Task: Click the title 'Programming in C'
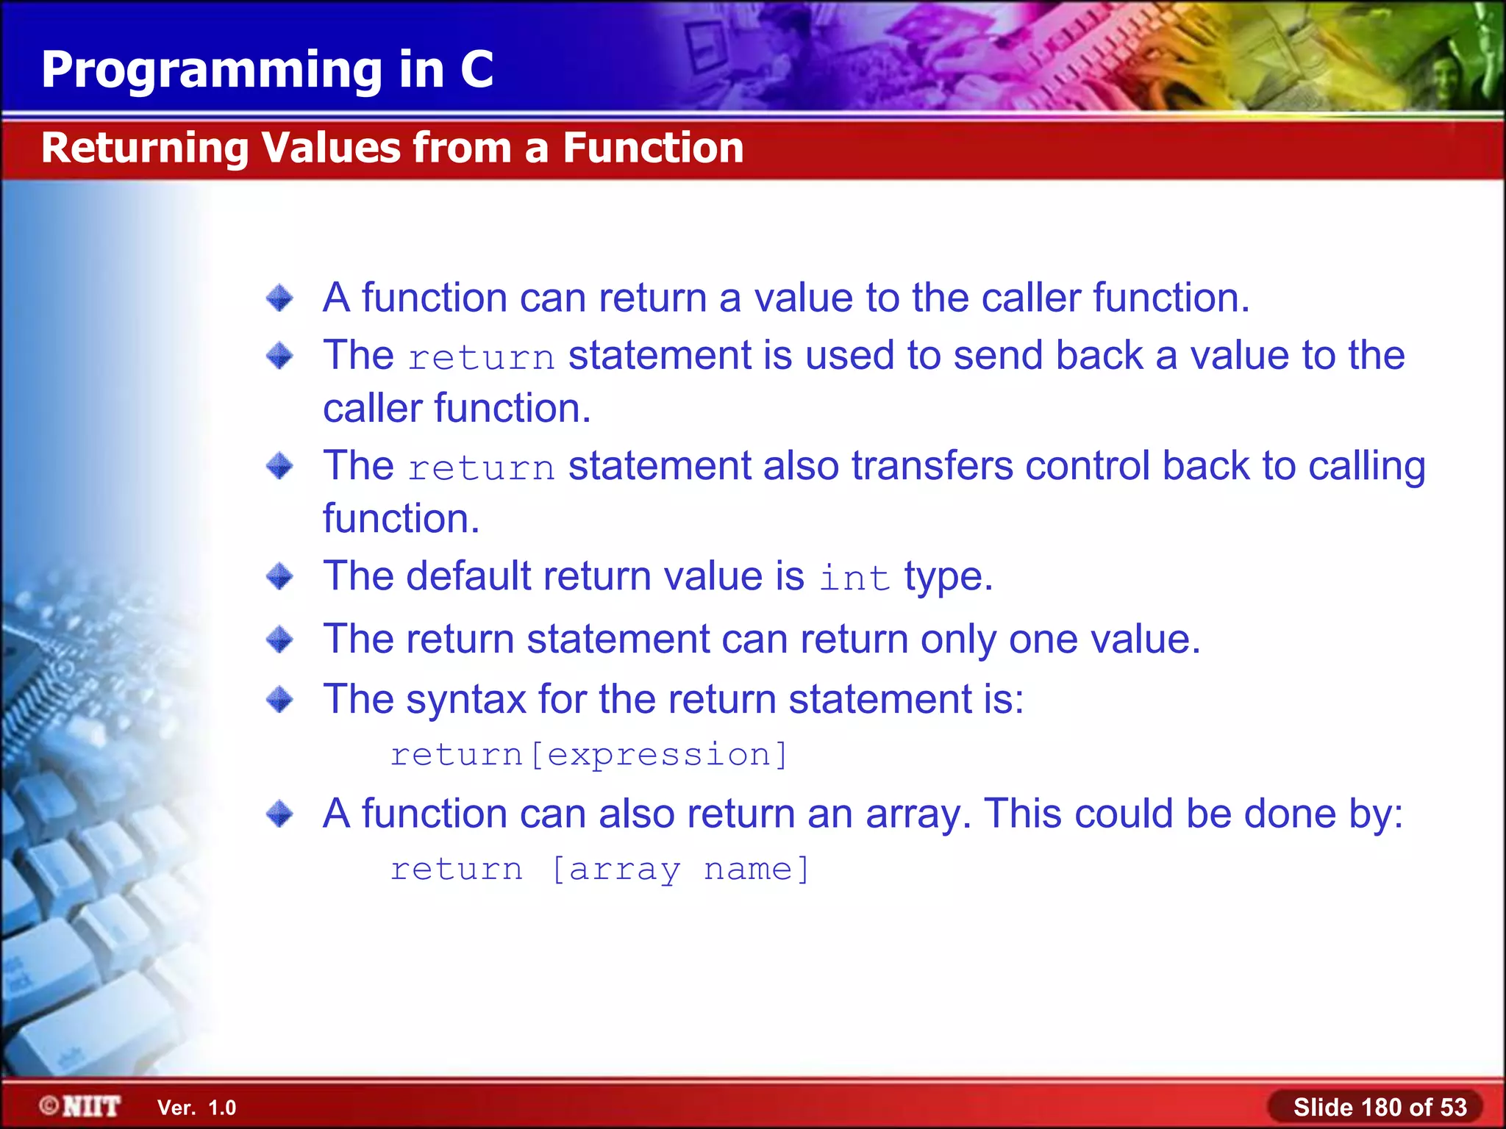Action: click(x=267, y=70)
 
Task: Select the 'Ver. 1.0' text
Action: click(x=196, y=1108)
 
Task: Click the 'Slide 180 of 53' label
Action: click(x=1380, y=1107)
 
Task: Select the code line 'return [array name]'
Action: click(x=599, y=870)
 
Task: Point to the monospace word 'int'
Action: click(x=854, y=578)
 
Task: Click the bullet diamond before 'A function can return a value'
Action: click(x=279, y=298)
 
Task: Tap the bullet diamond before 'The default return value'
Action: click(x=279, y=576)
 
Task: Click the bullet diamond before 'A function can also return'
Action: click(x=279, y=814)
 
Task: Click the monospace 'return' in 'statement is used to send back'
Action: click(x=481, y=358)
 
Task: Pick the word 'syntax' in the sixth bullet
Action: click(x=465, y=699)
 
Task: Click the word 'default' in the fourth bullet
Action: click(x=468, y=576)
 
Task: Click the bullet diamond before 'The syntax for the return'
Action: click(x=279, y=699)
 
